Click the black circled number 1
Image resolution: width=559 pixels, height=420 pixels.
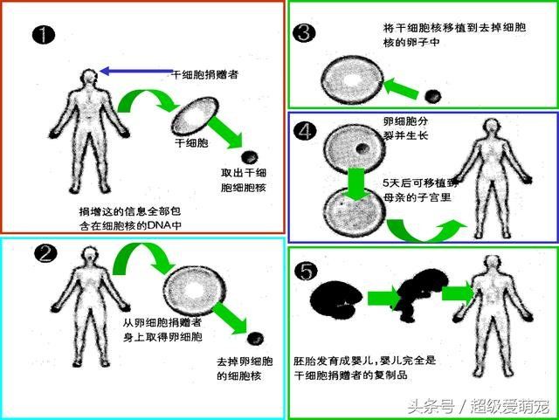point(44,35)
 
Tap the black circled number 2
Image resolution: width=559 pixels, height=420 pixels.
point(45,253)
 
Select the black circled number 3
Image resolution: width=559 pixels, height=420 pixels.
point(304,33)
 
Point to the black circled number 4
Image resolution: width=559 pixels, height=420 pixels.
point(305,131)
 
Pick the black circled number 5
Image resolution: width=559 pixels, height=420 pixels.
point(306,271)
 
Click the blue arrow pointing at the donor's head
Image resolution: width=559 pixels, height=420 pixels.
point(135,72)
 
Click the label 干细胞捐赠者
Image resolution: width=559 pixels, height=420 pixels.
point(204,74)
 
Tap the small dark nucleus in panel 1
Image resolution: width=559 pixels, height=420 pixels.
point(249,157)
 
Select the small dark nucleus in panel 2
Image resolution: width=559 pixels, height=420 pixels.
point(255,338)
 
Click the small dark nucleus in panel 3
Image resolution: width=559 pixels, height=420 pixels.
point(433,95)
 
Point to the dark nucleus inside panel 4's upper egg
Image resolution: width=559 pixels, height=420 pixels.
point(362,148)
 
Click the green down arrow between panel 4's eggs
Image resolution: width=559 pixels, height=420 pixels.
point(355,183)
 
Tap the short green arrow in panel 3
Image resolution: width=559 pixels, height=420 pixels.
point(400,88)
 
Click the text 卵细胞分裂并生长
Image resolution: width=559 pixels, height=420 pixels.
point(405,128)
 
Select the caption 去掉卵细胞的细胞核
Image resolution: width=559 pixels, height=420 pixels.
point(245,368)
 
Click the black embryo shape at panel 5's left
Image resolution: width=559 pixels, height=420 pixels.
point(335,300)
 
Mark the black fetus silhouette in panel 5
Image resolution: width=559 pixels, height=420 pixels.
point(420,294)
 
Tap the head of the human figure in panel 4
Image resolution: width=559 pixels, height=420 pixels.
point(491,127)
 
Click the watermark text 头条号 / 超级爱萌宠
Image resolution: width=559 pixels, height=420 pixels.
point(479,406)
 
